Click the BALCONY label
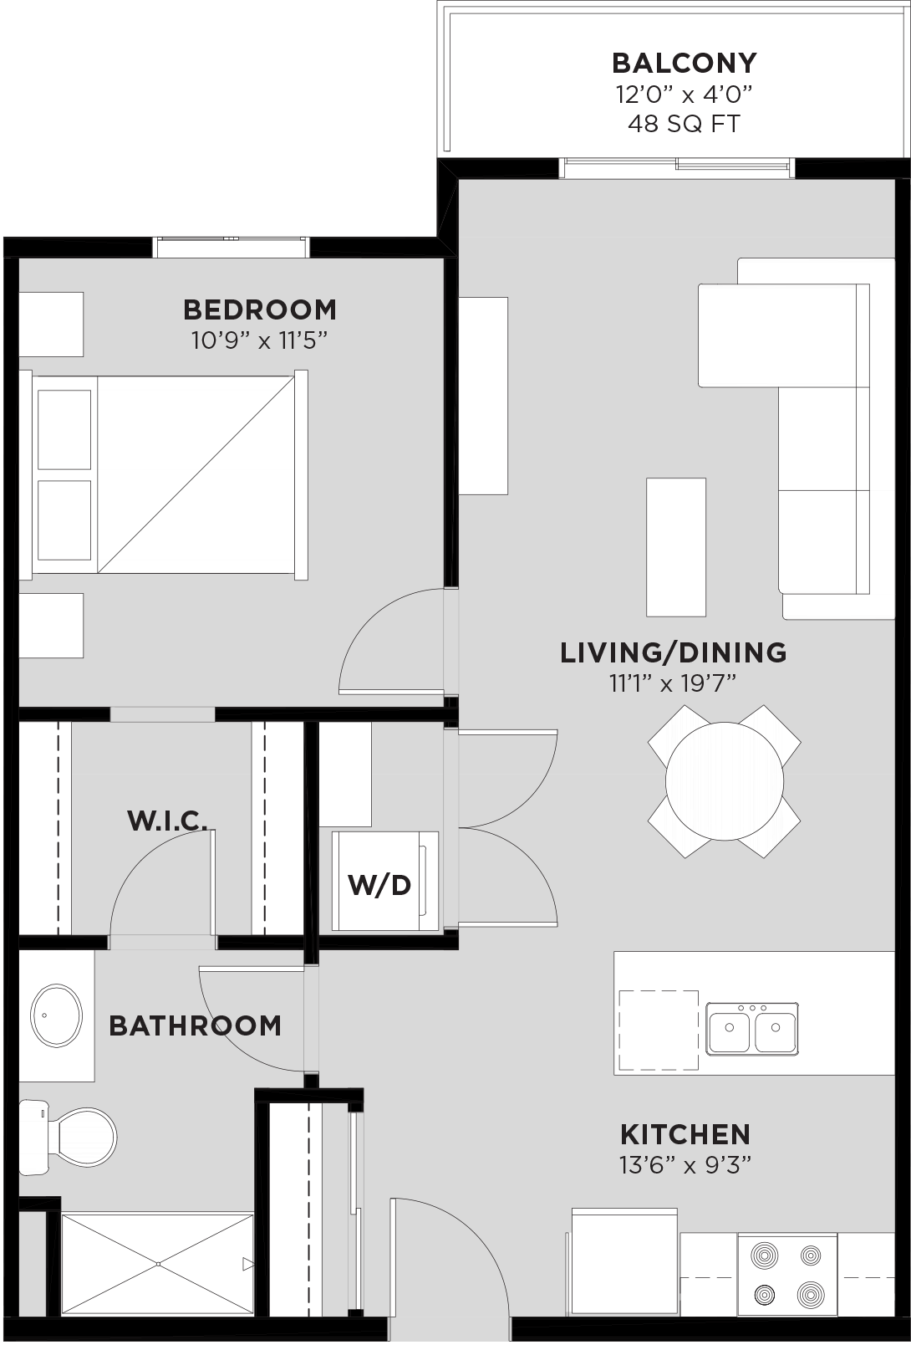[685, 63]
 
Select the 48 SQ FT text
[685, 124]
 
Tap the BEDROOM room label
[260, 309]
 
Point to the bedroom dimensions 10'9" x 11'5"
[260, 341]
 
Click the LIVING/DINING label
[674, 652]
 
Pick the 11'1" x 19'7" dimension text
[674, 683]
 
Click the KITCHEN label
[685, 1135]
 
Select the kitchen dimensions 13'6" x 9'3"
[685, 1166]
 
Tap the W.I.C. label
[167, 821]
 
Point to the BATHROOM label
[195, 1026]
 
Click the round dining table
[725, 781]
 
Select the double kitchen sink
[752, 1028]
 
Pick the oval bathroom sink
[56, 1016]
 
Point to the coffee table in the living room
[676, 547]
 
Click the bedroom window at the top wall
[231, 248]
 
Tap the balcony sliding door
[677, 167]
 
